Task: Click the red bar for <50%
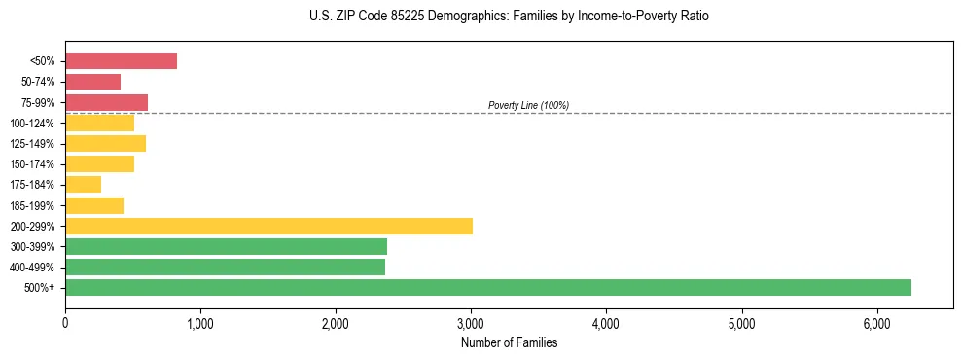pos(121,61)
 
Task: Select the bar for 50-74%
pos(92,82)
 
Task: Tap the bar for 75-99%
pos(106,102)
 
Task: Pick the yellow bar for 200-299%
pos(268,226)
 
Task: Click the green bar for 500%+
pos(488,287)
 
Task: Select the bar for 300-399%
pos(226,246)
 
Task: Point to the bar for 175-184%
pos(83,185)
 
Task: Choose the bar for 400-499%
pos(225,267)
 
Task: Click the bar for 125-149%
pos(105,144)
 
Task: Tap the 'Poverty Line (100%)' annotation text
pos(528,105)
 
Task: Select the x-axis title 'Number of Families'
pos(510,342)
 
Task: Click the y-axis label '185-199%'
pos(33,205)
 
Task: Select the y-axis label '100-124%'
pos(33,124)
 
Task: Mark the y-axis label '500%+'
pos(40,288)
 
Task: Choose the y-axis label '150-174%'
pos(33,164)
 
